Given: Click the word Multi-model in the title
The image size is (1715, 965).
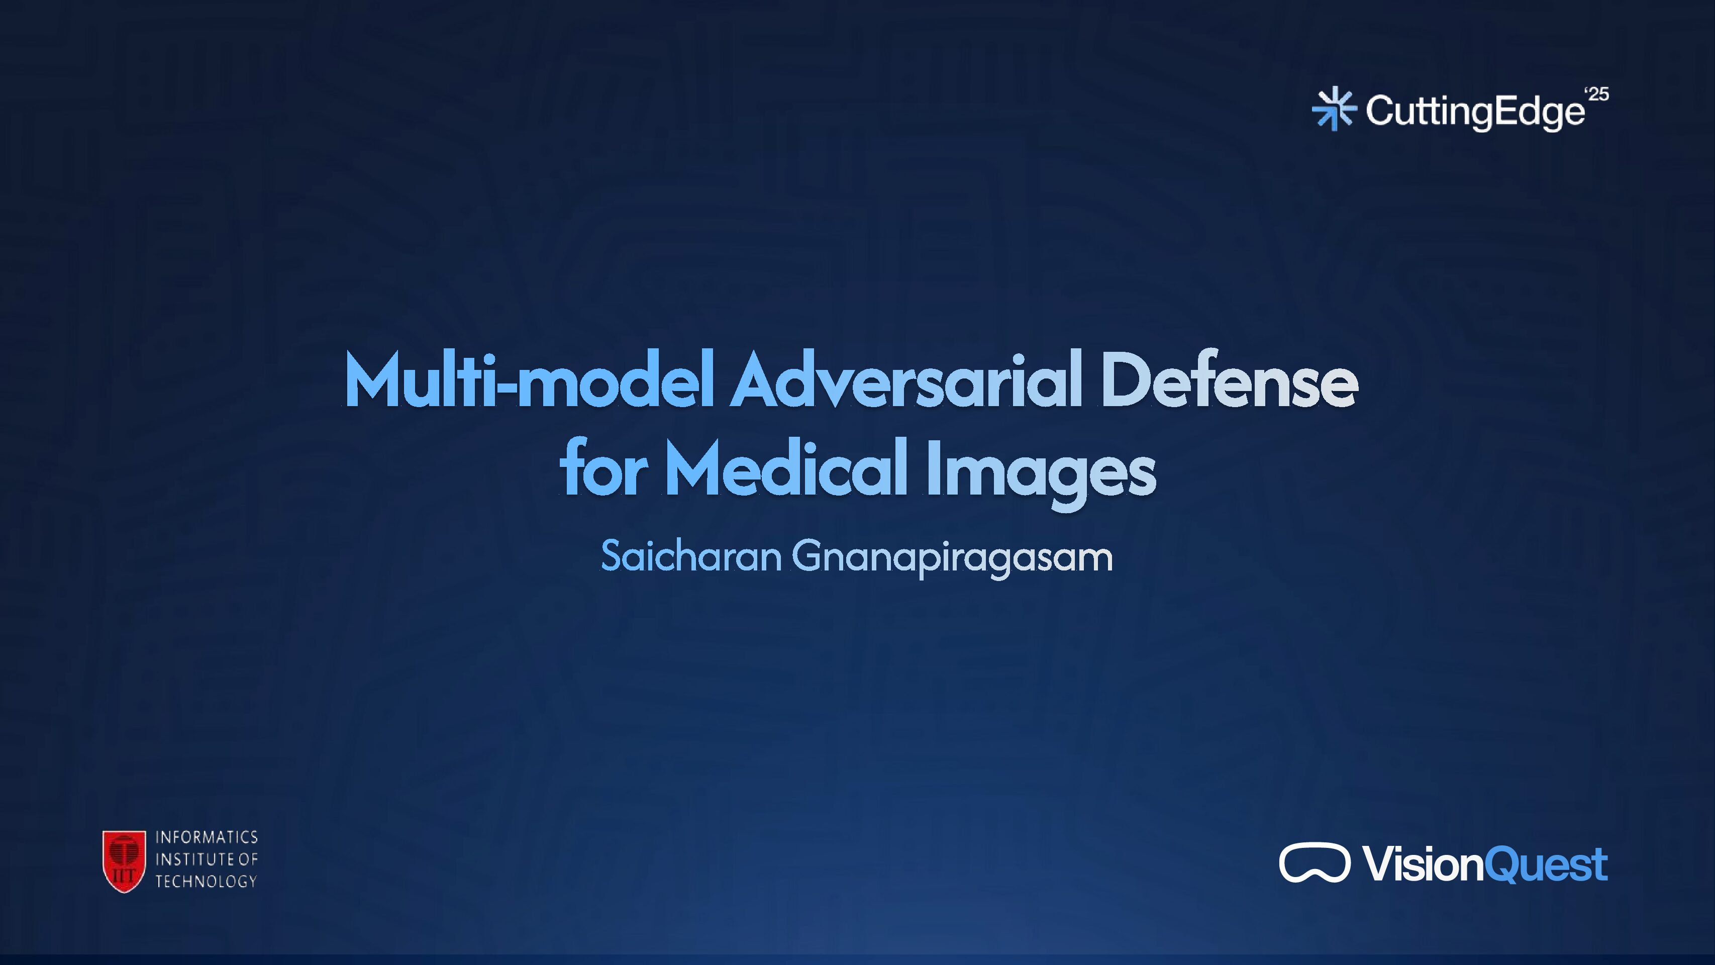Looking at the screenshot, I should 529,381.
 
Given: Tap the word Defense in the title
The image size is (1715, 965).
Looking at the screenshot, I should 1228,381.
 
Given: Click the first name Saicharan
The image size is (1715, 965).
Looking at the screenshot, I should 690,557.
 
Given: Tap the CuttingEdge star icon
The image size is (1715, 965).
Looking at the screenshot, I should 1334,109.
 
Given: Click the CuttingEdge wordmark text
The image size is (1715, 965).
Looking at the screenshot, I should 1475,111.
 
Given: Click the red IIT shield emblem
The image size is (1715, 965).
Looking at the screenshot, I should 124,860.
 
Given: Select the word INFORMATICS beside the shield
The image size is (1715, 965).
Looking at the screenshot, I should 207,837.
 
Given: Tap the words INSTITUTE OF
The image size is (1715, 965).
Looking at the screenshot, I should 207,859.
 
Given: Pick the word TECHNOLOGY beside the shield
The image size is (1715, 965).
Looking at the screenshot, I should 207,881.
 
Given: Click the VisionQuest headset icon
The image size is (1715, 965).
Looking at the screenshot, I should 1314,862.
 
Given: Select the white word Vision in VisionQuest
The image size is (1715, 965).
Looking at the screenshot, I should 1424,864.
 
